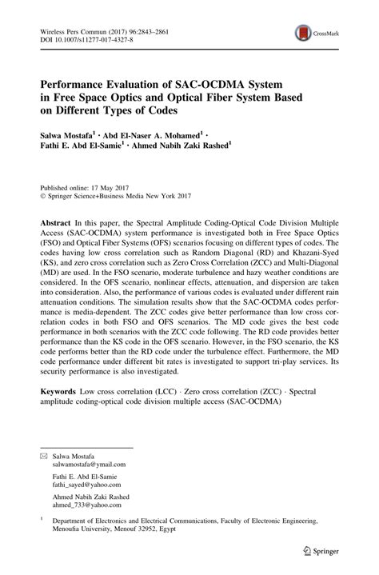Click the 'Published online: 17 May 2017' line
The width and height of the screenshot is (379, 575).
point(85,183)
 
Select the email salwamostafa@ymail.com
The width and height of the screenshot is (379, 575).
point(90,463)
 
